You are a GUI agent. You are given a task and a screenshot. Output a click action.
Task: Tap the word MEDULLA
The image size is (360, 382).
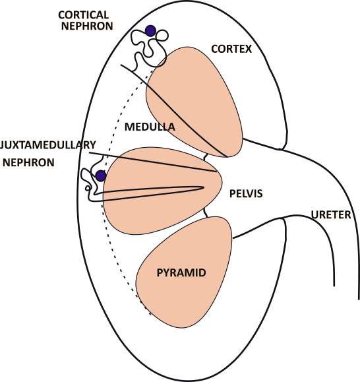(150, 126)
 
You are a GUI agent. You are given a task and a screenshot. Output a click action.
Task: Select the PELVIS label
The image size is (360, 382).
(246, 194)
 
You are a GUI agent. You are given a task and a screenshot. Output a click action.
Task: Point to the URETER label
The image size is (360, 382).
(331, 214)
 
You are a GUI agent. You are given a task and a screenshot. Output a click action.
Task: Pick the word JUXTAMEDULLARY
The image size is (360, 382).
(49, 144)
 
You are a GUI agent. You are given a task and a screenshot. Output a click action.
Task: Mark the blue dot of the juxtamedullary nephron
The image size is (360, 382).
(100, 175)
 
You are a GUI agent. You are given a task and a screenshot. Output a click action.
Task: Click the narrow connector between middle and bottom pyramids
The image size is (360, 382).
(207, 213)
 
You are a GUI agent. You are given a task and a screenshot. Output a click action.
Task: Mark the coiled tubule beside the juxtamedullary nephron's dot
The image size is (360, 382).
(88, 181)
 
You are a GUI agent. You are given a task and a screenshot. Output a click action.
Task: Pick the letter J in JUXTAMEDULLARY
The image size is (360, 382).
(3, 144)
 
